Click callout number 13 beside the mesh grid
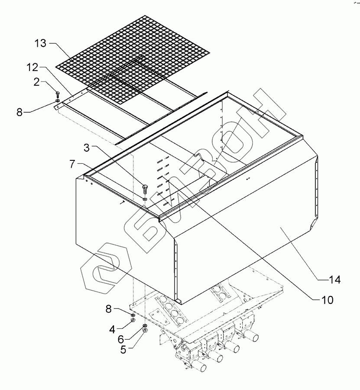(40, 44)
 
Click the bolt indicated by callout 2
(57, 94)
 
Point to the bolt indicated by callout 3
(144, 189)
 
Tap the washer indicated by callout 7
(144, 199)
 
